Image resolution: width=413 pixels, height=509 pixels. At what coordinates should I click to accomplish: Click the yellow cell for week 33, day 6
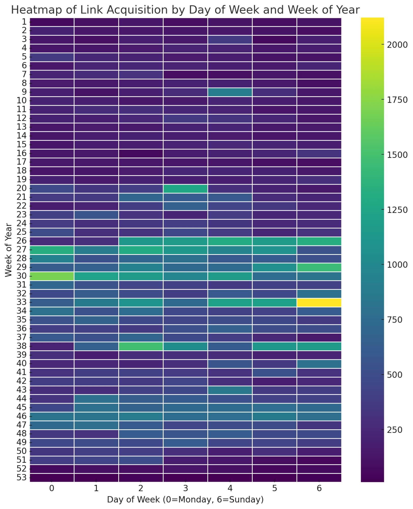point(319,302)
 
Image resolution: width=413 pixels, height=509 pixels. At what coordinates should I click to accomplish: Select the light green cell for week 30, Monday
point(52,276)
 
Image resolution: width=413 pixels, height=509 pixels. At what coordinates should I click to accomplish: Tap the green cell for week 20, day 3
point(185,188)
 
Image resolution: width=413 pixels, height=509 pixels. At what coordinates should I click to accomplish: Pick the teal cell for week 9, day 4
point(230,92)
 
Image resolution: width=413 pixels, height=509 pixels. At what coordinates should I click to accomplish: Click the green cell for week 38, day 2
point(141,346)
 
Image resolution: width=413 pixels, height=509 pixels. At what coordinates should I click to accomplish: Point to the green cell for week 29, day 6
point(319,267)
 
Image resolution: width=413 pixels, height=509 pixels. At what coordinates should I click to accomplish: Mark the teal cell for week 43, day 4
point(230,390)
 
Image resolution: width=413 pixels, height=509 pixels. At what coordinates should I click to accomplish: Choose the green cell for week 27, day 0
point(52,250)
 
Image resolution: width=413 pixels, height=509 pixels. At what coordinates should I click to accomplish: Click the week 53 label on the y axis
point(21,478)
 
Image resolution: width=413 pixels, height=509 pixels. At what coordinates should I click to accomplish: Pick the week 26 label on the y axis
point(21,241)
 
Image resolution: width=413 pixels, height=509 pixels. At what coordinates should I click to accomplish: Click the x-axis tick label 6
point(319,488)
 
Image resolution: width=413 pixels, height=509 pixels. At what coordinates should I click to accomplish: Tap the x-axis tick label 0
point(52,488)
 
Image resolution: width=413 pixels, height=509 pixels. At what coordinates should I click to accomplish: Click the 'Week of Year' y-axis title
point(8,250)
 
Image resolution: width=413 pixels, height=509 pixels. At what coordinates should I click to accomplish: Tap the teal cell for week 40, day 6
point(319,364)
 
